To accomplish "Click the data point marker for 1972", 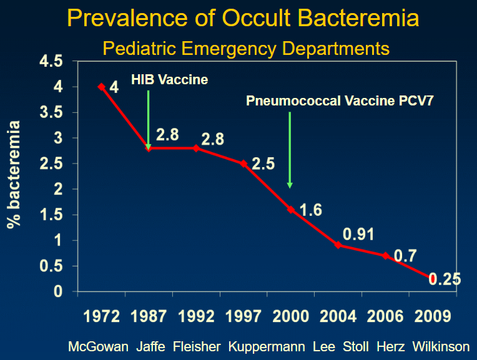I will pyautogui.click(x=101, y=87).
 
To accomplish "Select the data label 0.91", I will pyautogui.click(x=360, y=234).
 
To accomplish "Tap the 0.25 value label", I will pyautogui.click(x=446, y=280).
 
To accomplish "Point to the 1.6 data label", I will pyautogui.click(x=310, y=210).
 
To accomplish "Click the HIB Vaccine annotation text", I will pyautogui.click(x=169, y=80).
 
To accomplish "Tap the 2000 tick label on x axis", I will pyautogui.click(x=292, y=316).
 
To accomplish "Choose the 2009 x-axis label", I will pyautogui.click(x=433, y=316).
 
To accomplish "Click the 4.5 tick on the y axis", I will pyautogui.click(x=51, y=62).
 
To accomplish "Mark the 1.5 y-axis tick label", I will pyautogui.click(x=51, y=215).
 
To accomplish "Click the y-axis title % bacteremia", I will pyautogui.click(x=14, y=175).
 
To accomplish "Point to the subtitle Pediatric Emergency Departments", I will pyautogui.click(x=246, y=47).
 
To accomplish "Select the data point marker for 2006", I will pyautogui.click(x=386, y=255).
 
